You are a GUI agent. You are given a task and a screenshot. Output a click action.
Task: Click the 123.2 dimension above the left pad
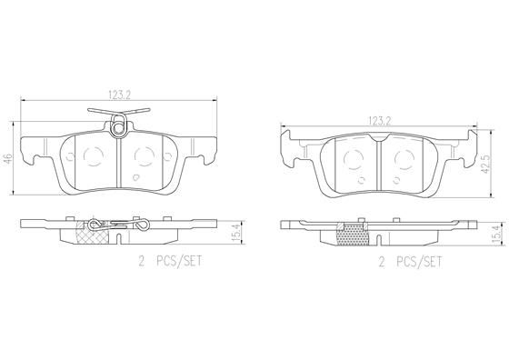click(x=119, y=95)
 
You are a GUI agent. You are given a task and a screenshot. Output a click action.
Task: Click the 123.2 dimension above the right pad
click(x=380, y=121)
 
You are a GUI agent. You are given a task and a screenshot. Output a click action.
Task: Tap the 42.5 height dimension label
click(x=485, y=164)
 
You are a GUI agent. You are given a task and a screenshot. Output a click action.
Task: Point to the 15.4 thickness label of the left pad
click(x=237, y=233)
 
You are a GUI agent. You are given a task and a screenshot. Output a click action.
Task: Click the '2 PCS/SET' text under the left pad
click(x=170, y=261)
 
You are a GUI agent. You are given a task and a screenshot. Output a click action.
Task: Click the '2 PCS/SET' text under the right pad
click(x=410, y=262)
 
